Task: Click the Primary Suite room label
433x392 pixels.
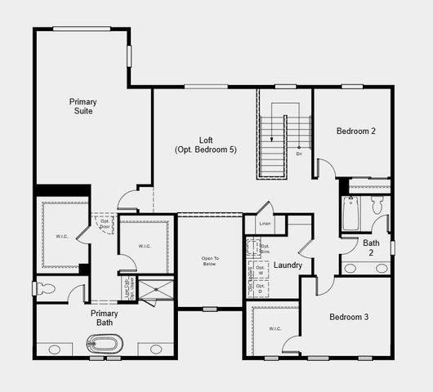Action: [x=82, y=106]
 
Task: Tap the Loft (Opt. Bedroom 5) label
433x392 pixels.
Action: [x=206, y=145]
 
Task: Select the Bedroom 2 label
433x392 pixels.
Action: [x=356, y=131]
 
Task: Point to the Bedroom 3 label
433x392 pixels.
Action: [x=350, y=317]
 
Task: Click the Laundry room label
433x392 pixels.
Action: [x=288, y=265]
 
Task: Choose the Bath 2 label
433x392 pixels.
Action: [x=372, y=247]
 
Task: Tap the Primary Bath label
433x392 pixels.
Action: [x=104, y=318]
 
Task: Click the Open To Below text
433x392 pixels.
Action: [x=210, y=262]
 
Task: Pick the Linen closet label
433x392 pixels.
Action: [x=265, y=223]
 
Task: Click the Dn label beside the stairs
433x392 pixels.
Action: [x=299, y=154]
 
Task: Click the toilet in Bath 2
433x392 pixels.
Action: [x=377, y=204]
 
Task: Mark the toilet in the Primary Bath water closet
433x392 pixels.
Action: [x=47, y=288]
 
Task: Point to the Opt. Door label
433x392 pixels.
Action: [x=105, y=223]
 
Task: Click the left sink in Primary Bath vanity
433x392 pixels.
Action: [x=54, y=350]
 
